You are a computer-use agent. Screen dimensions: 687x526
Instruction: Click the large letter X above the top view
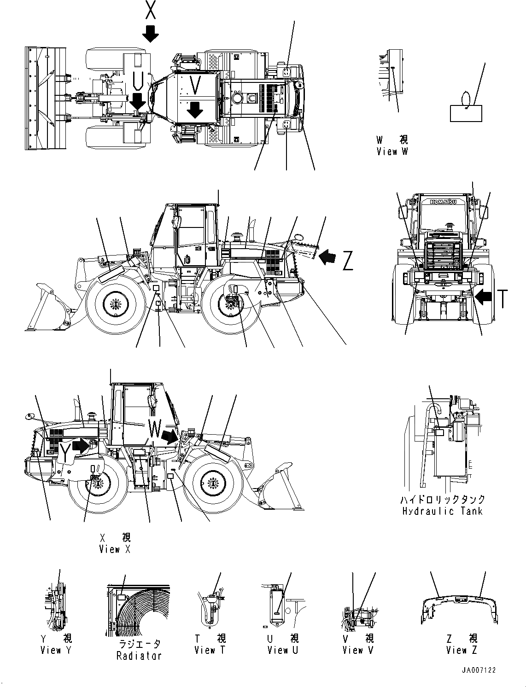(150, 10)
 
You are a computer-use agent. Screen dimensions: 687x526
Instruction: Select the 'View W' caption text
(392, 151)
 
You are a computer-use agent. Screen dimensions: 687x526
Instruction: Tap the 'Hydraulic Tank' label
(442, 511)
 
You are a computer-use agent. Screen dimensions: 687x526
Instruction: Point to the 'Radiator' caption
(139, 655)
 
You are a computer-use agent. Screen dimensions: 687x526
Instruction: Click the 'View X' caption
(115, 549)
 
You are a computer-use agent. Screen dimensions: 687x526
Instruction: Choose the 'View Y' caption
(56, 650)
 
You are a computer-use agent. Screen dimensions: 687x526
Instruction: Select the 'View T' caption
(210, 650)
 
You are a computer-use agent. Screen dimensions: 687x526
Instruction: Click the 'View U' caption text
(283, 650)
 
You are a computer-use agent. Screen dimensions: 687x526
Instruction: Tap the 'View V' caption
(358, 650)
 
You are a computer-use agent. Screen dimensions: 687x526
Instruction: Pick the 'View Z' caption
(462, 650)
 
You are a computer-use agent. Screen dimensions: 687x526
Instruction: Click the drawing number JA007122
(479, 670)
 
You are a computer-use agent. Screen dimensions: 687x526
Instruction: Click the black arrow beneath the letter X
(150, 33)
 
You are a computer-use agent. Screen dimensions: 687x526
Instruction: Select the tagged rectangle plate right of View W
(466, 112)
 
